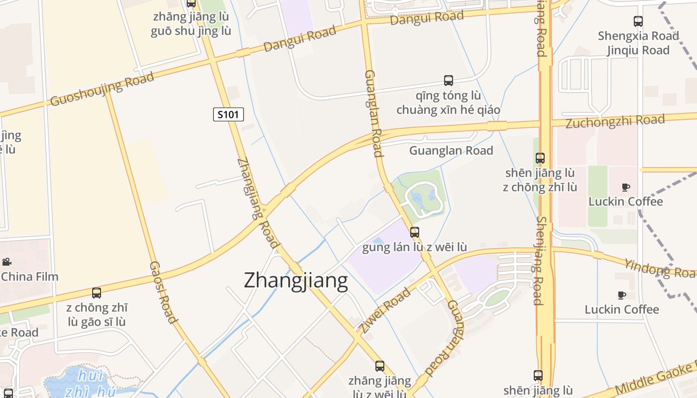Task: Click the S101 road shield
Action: tap(229, 114)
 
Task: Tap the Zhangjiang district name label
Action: tap(296, 281)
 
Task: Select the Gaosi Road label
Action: tap(163, 293)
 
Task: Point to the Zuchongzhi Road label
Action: tap(615, 121)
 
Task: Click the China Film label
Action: tap(30, 277)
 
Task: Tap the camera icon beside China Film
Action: tap(7, 262)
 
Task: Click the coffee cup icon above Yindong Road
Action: tap(626, 187)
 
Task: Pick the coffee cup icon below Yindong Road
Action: tap(622, 295)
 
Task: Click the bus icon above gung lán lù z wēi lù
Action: tap(414, 232)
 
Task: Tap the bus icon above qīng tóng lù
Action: tap(448, 80)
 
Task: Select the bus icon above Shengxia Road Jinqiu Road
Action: tap(638, 21)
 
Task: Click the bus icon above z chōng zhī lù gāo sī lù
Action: tap(97, 293)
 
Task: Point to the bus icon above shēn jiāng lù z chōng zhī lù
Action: tap(540, 158)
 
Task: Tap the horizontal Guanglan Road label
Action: tap(451, 151)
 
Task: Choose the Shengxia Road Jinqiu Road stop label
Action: tap(638, 43)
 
